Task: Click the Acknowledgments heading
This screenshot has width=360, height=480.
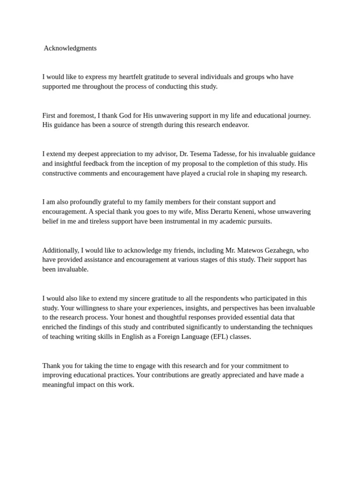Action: [x=70, y=48]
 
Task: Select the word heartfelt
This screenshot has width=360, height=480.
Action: [x=132, y=77]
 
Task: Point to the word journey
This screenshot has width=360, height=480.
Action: [x=298, y=115]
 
